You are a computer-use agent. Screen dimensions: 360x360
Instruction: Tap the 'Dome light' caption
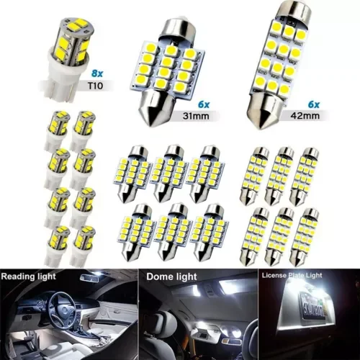(x=173, y=276)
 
